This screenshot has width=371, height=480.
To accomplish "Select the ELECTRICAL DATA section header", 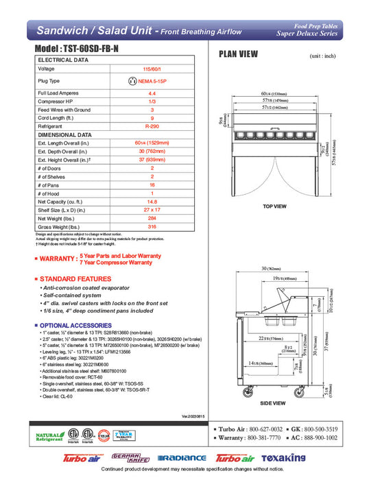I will pyautogui.click(x=63, y=60).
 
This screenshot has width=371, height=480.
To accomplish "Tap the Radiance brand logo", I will pyautogui.click(x=181, y=458).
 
